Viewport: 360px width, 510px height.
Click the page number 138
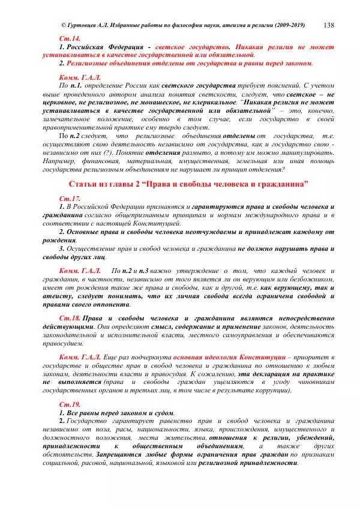[x=328, y=25]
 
